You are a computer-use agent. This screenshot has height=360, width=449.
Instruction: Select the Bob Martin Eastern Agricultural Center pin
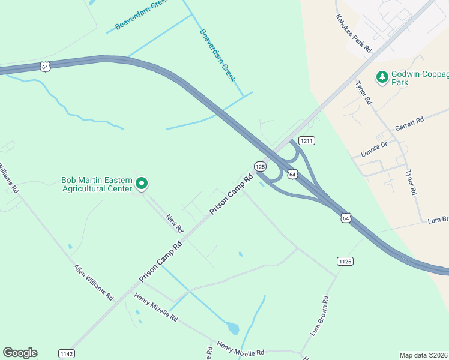pos(142,184)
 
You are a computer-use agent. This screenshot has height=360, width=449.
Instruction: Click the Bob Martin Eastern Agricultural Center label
pos(96,184)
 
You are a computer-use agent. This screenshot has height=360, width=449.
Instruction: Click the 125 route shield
pos(259,166)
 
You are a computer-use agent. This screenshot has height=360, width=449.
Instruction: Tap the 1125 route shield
pos(345,261)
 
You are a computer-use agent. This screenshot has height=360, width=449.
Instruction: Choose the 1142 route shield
pos(67,354)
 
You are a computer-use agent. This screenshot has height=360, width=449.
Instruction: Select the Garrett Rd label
pos(409,124)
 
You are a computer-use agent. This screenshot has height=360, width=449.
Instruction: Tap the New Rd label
pos(174,224)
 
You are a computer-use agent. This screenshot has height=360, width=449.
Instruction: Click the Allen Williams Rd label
pos(93,282)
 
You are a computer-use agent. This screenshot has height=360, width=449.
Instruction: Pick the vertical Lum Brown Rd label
pos(319,316)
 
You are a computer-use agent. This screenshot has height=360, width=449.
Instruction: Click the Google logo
pos(20,353)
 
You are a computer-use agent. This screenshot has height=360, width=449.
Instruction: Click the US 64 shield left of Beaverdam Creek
pos(46,67)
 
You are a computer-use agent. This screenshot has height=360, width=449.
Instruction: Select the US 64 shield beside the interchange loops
pos(292,174)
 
